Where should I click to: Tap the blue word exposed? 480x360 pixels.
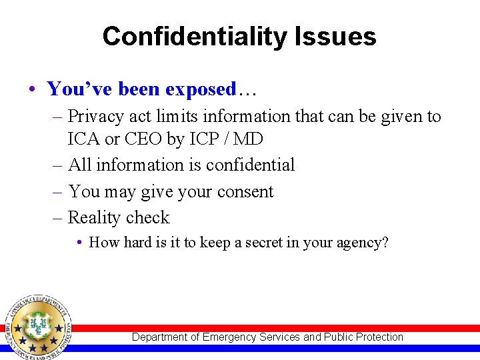coord(201,89)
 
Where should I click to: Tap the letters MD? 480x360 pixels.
coord(249,139)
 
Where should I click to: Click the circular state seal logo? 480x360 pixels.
coord(37,327)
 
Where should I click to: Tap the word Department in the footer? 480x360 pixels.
coord(160,337)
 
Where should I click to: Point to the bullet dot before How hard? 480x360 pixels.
coord(79,243)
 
